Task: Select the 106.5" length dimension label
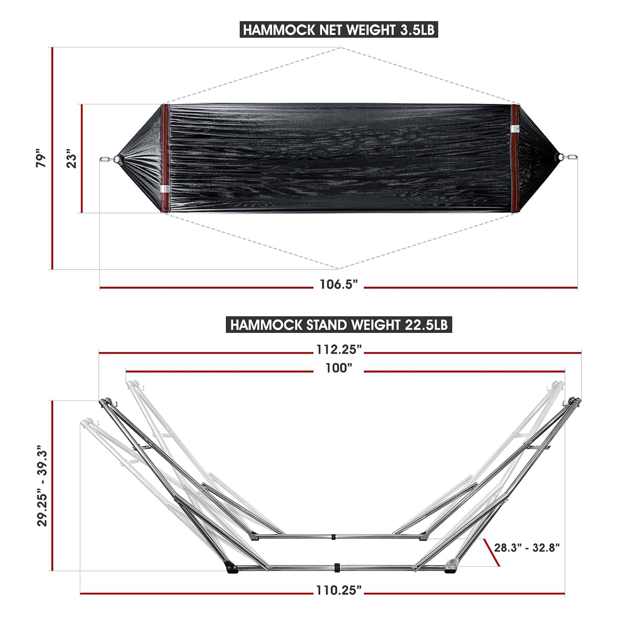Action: tap(338, 284)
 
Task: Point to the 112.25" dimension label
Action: tap(338, 349)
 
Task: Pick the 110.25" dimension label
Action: tap(338, 590)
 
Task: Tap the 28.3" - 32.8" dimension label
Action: tap(527, 547)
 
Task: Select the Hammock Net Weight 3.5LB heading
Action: tap(338, 30)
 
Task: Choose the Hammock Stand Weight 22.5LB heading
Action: tap(338, 325)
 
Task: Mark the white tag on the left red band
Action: tap(165, 188)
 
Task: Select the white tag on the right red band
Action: tap(514, 128)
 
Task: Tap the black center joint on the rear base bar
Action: tap(333, 536)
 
